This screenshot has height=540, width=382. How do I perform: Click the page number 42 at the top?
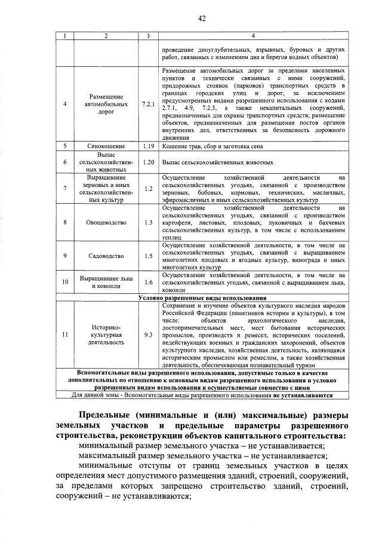[202, 19]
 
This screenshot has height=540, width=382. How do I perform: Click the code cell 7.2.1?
[149, 104]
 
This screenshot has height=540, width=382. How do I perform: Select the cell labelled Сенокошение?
[106, 146]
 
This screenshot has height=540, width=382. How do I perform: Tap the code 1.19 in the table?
[149, 146]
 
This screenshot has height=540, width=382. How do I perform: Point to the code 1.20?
[149, 162]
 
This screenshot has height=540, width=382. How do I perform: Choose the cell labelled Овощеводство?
[106, 222]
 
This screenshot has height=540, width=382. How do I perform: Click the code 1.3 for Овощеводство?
[149, 222]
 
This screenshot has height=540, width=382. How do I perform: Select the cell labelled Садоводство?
[106, 256]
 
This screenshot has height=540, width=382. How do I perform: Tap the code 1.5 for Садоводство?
[149, 256]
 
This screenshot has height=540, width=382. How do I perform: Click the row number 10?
[64, 282]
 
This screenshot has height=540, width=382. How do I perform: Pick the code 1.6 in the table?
[149, 282]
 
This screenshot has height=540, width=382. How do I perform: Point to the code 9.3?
[149, 335]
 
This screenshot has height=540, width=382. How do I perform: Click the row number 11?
[64, 335]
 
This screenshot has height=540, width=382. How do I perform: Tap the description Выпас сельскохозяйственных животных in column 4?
[217, 162]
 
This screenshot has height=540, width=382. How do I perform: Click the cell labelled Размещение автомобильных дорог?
[106, 104]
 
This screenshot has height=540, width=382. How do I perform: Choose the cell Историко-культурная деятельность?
[106, 335]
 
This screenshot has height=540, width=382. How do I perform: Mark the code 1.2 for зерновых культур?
[149, 189]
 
